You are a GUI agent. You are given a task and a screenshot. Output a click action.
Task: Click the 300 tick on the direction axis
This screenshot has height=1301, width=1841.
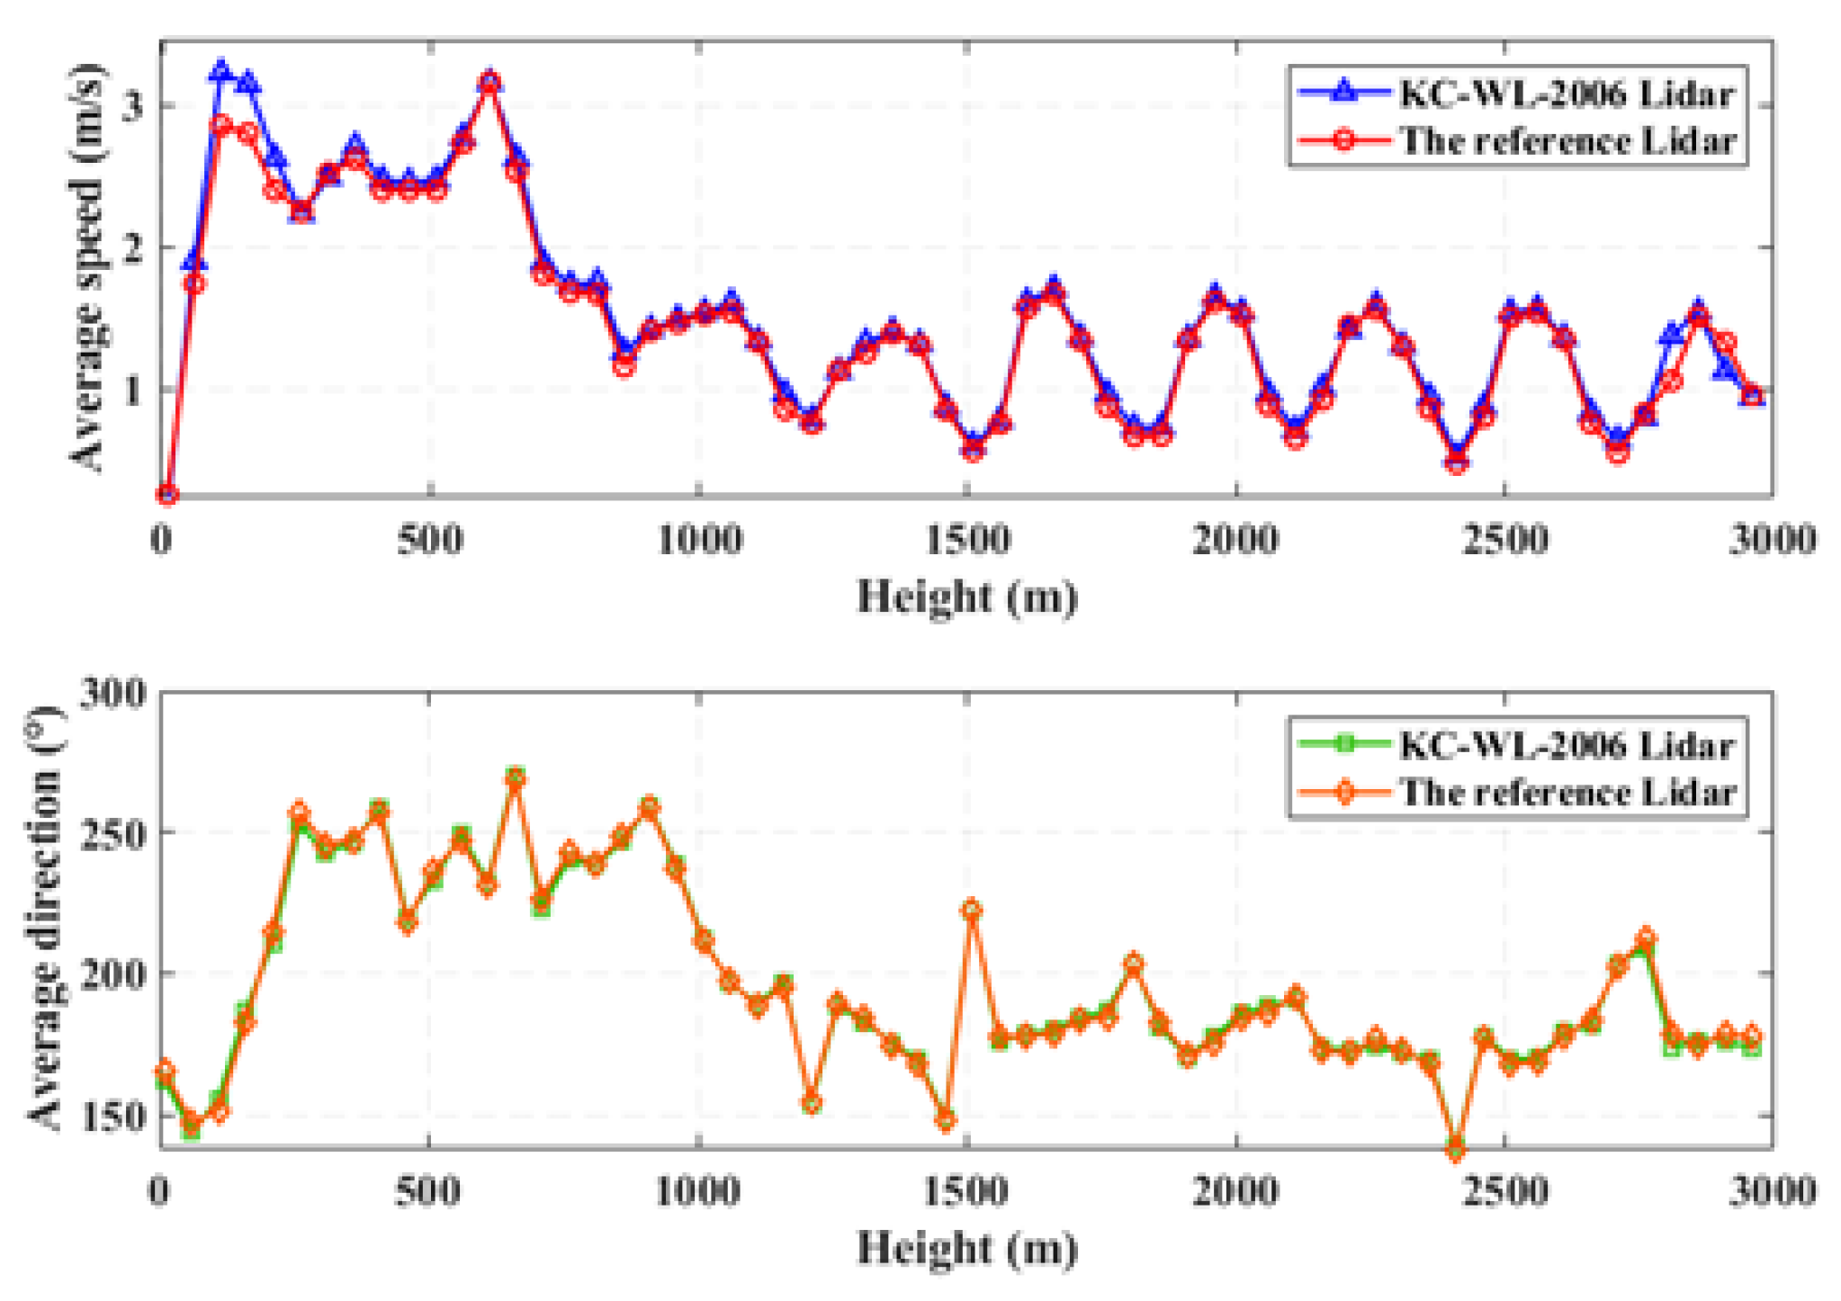(112, 693)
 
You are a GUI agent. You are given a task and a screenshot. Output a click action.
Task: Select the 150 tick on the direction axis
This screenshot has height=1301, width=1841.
(112, 1116)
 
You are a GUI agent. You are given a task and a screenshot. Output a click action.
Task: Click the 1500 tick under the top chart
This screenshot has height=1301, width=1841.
(967, 540)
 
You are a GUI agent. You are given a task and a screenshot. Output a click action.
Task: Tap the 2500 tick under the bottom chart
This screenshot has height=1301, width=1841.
(1504, 1191)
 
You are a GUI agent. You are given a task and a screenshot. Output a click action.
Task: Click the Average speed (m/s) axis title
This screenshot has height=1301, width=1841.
(87, 267)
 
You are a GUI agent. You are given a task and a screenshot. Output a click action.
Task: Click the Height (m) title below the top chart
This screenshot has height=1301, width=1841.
(966, 597)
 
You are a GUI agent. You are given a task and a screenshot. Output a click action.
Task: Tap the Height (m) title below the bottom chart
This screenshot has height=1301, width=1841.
(966, 1248)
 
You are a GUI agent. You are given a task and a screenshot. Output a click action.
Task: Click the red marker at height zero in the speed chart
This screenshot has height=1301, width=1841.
(166, 494)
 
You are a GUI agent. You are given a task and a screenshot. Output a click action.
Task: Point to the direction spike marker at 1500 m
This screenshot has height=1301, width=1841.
(971, 910)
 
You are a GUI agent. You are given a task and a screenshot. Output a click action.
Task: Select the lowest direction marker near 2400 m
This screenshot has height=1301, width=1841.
(1455, 1150)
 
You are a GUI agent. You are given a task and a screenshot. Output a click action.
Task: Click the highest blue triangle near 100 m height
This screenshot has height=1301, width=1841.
(221, 71)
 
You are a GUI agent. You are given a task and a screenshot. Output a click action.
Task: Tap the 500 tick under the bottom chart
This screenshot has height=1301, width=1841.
(429, 1191)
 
